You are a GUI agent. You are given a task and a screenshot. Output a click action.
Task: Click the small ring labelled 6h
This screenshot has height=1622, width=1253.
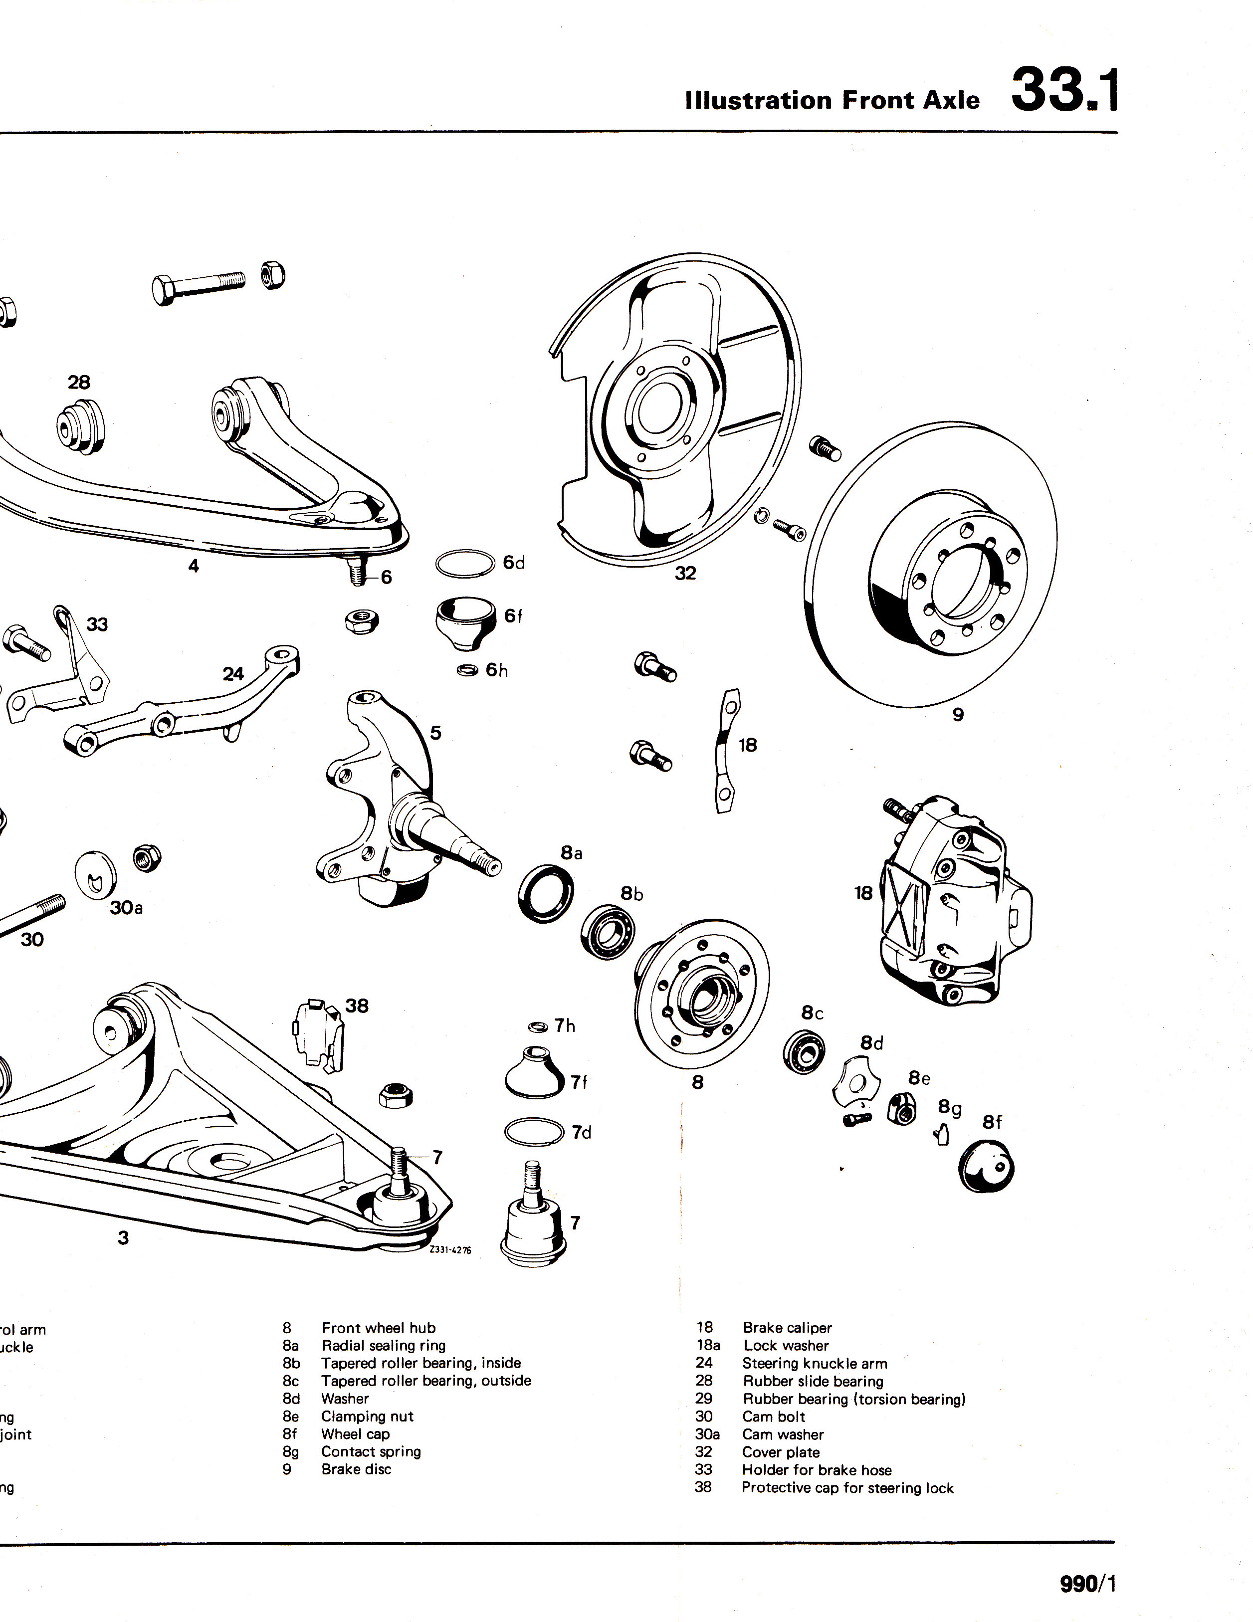(x=467, y=671)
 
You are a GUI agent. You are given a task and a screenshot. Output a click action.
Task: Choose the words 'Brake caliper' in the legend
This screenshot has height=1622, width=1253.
(x=787, y=1328)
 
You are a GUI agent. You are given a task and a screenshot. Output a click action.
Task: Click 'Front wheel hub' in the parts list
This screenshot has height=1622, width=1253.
(x=378, y=1328)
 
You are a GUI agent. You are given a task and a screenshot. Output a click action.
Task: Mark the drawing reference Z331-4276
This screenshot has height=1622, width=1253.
(x=450, y=1250)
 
